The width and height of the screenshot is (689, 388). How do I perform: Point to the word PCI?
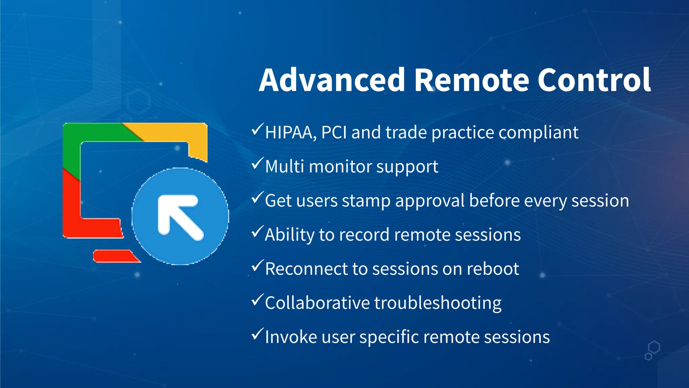(x=334, y=133)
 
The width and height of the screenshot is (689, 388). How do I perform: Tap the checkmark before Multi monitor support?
(x=257, y=164)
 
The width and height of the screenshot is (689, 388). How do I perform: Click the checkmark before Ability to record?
(x=257, y=232)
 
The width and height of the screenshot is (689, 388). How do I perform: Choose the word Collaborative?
(x=317, y=303)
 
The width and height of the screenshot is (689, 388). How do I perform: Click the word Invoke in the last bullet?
(x=291, y=337)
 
